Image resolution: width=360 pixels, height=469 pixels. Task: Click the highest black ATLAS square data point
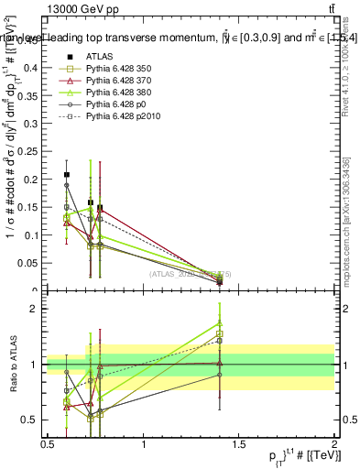[67, 174]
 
